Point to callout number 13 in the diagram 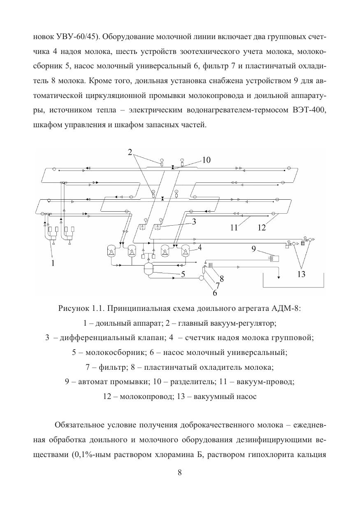tap(302, 274)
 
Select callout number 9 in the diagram tap(254, 248)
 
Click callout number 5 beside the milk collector tap(182, 275)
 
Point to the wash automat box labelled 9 tap(273, 258)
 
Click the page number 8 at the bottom tap(180, 472)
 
